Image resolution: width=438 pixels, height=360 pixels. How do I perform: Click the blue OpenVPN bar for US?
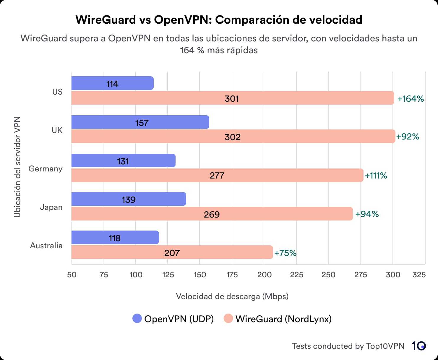112,83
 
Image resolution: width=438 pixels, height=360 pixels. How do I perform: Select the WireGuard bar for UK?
233,136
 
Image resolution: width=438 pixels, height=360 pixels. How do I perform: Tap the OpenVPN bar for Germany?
123,160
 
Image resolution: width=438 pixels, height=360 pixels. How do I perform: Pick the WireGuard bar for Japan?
212,214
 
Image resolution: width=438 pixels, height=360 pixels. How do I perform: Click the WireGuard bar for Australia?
172,252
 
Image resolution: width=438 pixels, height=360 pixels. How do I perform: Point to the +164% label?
410,99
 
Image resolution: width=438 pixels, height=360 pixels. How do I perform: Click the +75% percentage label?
285,253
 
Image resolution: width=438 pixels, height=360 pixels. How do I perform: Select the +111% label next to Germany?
376,176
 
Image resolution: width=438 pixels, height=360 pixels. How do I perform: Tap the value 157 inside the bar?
142,123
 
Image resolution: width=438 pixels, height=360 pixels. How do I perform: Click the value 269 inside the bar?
212,214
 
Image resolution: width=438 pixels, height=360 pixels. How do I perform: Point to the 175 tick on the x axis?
232,275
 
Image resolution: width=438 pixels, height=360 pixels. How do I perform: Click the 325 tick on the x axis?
419,275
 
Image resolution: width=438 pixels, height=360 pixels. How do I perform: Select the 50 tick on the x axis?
72,275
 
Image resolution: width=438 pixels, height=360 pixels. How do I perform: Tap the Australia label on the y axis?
46,246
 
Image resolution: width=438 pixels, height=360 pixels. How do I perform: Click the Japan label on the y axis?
51,207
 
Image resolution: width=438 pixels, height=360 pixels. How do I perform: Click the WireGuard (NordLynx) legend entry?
278,319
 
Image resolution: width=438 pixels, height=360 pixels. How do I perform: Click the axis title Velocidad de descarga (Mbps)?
232,296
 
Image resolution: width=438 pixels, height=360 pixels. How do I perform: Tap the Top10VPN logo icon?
418,346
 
